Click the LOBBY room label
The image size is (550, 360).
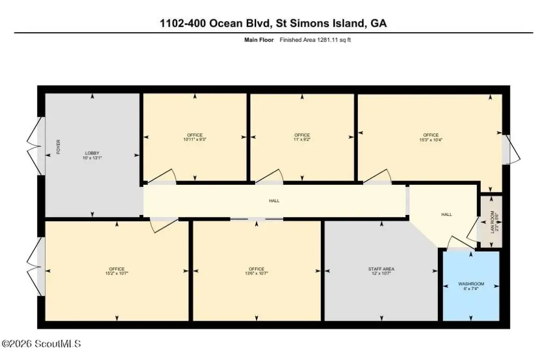coord(92,153)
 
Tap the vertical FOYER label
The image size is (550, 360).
coord(58,147)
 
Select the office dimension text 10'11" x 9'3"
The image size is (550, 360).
coord(194,139)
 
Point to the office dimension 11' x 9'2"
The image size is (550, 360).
coord(302,139)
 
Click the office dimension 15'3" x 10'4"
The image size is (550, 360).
coord(431,139)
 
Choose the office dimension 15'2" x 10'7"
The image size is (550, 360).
coord(117,273)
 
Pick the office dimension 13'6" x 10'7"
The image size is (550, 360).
coord(256,273)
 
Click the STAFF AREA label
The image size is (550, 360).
coord(381,269)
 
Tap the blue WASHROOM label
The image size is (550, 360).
coord(471,284)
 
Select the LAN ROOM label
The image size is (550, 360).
coord(492,220)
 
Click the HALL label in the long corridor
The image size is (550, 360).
coord(274,201)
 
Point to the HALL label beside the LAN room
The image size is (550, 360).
coord(446,214)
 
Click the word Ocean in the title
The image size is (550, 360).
coord(226,23)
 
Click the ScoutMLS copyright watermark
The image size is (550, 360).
coord(41,343)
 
